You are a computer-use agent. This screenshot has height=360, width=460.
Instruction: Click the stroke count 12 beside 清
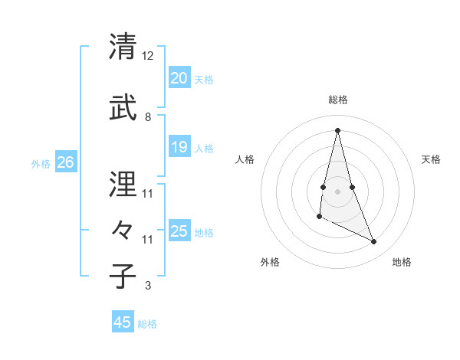148,56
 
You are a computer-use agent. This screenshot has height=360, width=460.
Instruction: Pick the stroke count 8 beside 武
148,117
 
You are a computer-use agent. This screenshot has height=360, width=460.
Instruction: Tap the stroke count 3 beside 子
148,286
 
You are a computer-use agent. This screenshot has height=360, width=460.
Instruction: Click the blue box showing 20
179,78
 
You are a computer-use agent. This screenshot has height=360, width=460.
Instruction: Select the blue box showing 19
179,147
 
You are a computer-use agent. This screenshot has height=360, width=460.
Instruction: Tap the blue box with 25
179,231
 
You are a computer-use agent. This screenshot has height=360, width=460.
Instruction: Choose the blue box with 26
65,162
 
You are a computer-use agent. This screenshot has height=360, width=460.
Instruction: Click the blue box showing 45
123,322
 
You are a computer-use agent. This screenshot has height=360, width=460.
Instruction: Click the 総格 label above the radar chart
338,100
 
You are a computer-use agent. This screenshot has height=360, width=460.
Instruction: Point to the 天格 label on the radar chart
431,159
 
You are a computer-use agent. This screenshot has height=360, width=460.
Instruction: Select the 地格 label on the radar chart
402,262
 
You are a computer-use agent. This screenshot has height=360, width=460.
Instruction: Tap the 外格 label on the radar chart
270,262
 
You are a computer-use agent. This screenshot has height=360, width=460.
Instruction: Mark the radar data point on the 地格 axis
374,242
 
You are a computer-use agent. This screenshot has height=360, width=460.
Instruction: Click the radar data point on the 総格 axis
337,130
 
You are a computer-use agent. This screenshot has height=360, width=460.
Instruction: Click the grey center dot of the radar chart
337,191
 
